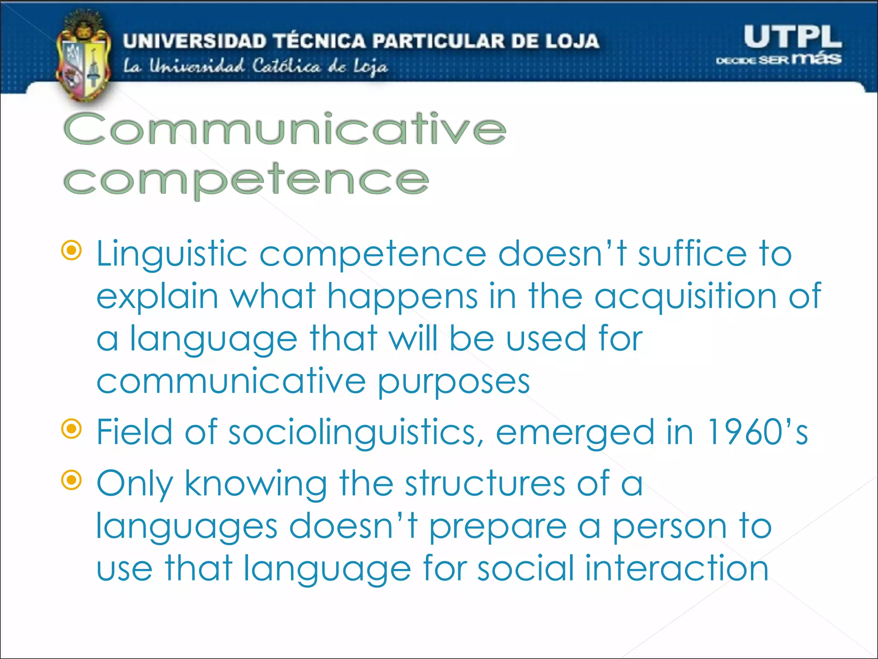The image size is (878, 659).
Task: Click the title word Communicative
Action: (x=285, y=129)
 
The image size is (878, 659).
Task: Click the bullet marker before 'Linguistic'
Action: (x=72, y=251)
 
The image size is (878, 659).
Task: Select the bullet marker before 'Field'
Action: (x=72, y=429)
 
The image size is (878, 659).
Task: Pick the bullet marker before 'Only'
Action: (x=72, y=480)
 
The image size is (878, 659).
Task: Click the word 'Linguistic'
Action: (x=172, y=254)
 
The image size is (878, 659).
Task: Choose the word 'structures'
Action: (x=485, y=484)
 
